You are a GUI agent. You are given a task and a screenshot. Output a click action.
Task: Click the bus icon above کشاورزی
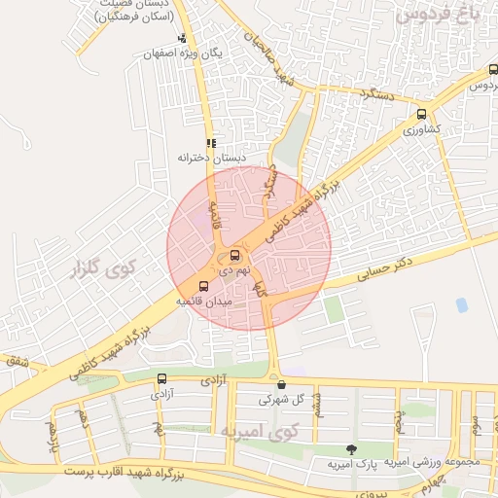(420, 113)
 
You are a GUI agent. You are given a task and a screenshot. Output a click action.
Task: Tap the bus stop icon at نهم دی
(234, 256)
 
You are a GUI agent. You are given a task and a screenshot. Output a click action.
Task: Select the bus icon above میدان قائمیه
(202, 286)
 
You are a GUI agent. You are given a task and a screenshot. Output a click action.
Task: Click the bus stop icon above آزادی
(160, 379)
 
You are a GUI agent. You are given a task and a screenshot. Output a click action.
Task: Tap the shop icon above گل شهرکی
(282, 382)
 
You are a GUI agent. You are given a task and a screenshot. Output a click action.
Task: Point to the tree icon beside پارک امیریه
(351, 449)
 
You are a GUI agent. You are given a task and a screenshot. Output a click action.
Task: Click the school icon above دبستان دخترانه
(211, 142)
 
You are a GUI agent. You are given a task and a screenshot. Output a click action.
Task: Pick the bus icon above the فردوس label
(493, 70)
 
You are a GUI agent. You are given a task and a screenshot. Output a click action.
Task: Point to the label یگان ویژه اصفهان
(184, 54)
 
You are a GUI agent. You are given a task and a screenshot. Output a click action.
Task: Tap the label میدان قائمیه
(201, 302)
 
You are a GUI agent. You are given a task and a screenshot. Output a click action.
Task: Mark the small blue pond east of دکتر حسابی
(461, 305)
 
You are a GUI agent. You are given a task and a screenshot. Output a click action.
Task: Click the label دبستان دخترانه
(211, 157)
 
